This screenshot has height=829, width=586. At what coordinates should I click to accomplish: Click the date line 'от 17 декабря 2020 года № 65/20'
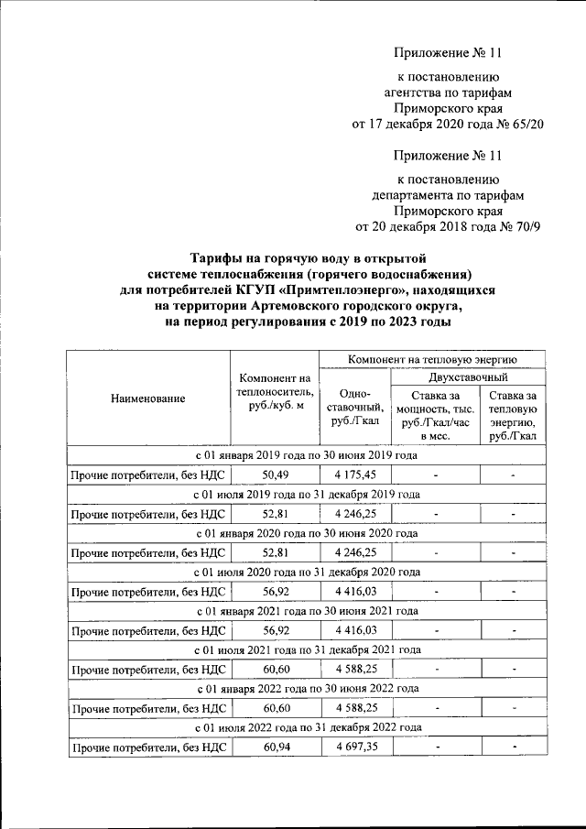pos(448,125)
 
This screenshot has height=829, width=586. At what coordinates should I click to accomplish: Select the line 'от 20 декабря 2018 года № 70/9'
pos(448,227)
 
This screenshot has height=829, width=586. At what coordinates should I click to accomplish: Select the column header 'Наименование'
pos(147,398)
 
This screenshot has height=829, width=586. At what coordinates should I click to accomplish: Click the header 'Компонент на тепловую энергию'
pos(432,359)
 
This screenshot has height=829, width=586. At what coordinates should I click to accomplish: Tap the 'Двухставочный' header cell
pos(468,377)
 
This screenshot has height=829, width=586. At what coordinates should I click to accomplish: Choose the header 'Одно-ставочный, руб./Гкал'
pos(354,407)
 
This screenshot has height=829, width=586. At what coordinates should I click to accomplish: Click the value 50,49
pos(276,474)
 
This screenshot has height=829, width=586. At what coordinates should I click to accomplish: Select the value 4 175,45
pos(355,474)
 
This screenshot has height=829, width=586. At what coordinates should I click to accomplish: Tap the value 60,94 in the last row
pos(276,748)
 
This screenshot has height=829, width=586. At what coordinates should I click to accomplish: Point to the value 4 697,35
pos(355,748)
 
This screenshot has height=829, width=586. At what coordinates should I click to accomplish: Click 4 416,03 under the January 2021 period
pos(355,631)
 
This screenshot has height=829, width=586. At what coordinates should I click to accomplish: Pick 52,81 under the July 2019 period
pos(276,514)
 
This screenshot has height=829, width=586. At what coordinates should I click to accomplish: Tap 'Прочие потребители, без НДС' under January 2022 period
pos(147,709)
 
